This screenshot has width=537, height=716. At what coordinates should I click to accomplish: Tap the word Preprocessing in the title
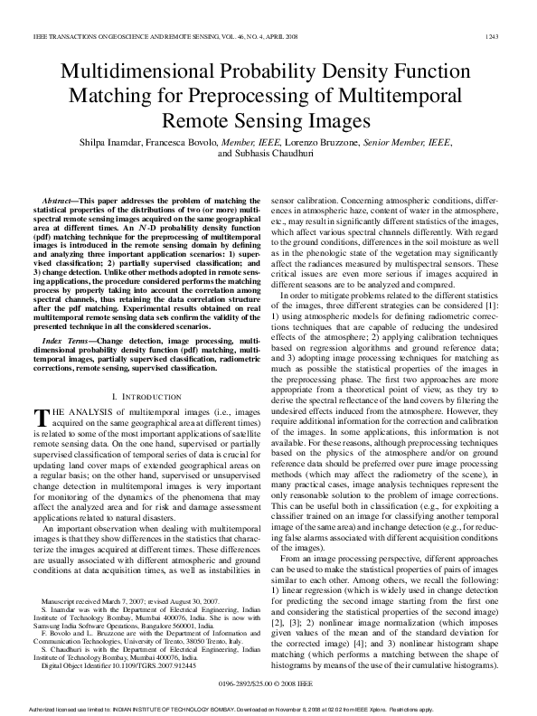tap(322, 97)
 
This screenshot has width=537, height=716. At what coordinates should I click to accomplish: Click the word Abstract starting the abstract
tap(58, 197)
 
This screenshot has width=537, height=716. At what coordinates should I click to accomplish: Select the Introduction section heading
tap(148, 397)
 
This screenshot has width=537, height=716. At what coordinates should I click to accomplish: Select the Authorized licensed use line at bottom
tap(268, 708)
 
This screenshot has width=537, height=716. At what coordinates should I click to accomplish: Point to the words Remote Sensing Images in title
tap(268, 119)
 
